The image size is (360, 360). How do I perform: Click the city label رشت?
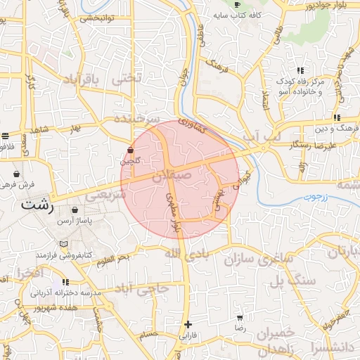pyautogui.click(x=37, y=206)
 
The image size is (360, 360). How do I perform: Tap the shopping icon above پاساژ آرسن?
pyautogui.click(x=75, y=210)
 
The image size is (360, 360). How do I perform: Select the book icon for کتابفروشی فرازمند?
pyautogui.click(x=65, y=244)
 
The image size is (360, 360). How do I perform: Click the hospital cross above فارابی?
pyautogui.click(x=187, y=324)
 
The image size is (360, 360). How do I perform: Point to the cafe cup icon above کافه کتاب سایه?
pyautogui.click(x=237, y=5)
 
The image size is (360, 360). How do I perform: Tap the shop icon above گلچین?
pyautogui.click(x=131, y=150)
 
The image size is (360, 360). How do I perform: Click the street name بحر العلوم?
pyautogui.click(x=114, y=261)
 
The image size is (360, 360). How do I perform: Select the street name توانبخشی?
pyautogui.click(x=96, y=18)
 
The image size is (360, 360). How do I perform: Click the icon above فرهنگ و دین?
pyautogui.click(x=337, y=117)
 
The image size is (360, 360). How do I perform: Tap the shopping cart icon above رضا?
pyautogui.click(x=240, y=318)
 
